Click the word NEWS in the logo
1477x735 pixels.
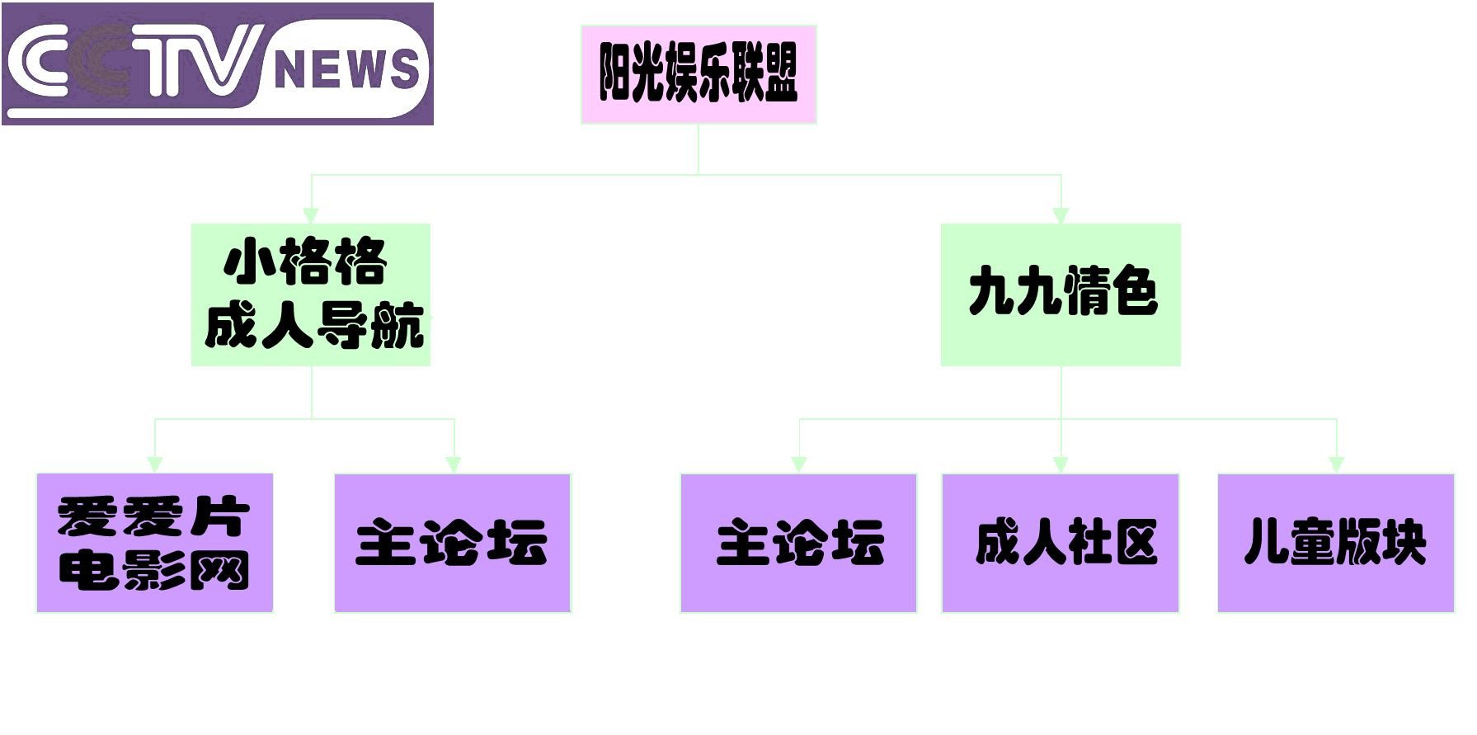346,68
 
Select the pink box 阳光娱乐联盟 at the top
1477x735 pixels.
699,74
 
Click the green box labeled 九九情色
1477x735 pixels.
1061,294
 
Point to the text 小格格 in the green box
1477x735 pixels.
306,261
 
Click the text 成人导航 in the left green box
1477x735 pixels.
313,325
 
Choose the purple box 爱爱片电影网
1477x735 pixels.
154,543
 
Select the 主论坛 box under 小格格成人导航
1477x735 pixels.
452,543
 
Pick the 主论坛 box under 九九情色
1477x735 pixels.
798,543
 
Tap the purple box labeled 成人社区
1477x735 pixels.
1061,543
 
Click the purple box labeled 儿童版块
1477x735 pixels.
1336,543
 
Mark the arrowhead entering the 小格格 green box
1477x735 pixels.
311,215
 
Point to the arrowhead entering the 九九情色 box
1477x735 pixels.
1061,215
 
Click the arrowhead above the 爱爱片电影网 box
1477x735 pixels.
155,464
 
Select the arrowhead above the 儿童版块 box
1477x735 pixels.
1336,464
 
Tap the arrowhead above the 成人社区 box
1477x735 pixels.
1061,464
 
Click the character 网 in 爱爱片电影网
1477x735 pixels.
221,571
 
